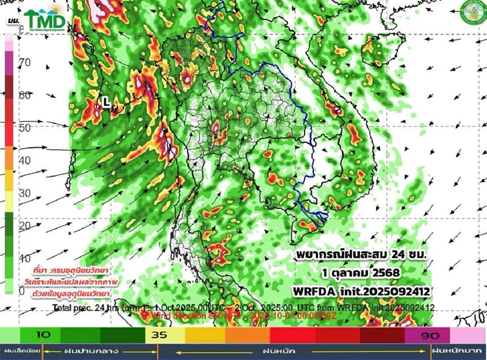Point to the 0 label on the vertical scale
22,291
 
